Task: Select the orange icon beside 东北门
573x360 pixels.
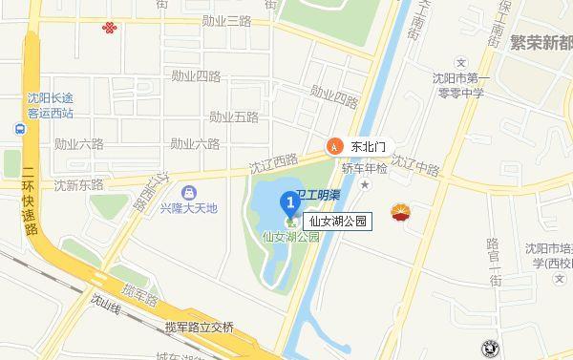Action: coord(334,146)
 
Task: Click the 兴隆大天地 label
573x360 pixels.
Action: coord(188,207)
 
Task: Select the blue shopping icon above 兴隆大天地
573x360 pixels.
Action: coord(188,192)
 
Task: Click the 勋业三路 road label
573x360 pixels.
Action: coord(225,20)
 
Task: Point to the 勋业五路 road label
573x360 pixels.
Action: coord(234,117)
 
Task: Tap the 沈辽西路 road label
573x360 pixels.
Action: coord(273,164)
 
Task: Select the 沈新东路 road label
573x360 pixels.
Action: coord(78,184)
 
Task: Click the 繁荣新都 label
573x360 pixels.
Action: coord(541,43)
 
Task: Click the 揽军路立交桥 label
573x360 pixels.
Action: coord(199,328)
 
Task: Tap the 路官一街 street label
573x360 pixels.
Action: coord(494,263)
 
